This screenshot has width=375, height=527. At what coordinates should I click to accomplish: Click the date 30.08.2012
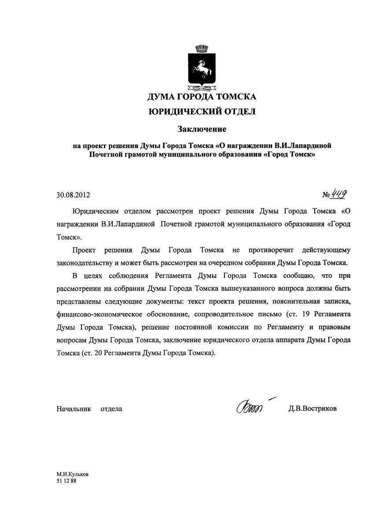point(74,194)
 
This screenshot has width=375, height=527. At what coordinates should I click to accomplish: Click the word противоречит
point(270,250)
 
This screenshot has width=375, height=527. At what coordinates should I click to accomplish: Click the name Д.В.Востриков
point(312,409)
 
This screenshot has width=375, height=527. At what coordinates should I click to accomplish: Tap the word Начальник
point(74,409)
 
